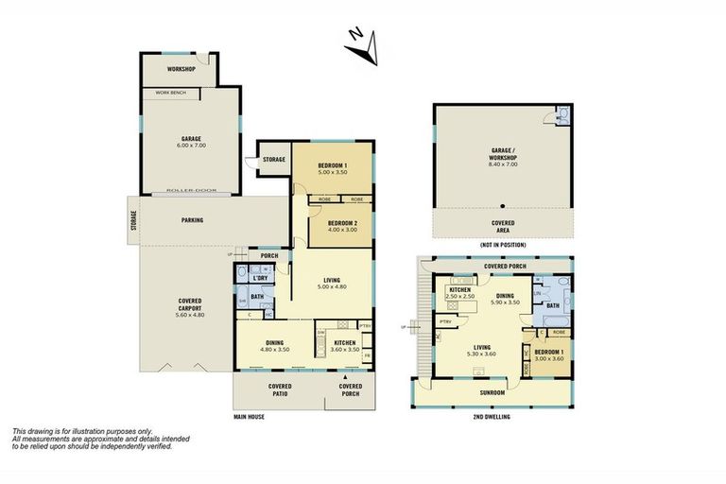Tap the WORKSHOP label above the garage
181,70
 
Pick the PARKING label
192,220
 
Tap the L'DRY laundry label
259,277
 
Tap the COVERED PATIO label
279,390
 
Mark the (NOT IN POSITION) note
502,245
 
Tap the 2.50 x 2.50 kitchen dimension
460,297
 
